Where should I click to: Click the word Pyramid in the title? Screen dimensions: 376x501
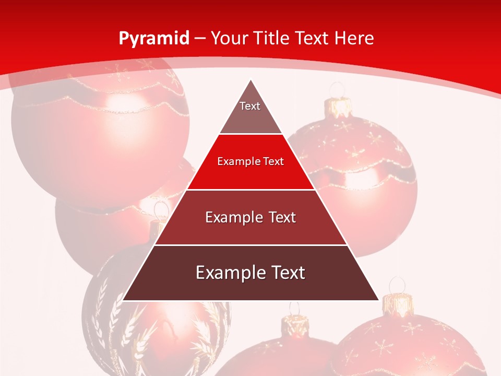point(154,38)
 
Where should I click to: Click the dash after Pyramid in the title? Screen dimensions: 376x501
point(200,39)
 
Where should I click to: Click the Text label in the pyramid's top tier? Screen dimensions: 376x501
point(250,106)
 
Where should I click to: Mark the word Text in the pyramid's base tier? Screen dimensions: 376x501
point(287,273)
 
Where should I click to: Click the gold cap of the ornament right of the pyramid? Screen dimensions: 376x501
point(339,108)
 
